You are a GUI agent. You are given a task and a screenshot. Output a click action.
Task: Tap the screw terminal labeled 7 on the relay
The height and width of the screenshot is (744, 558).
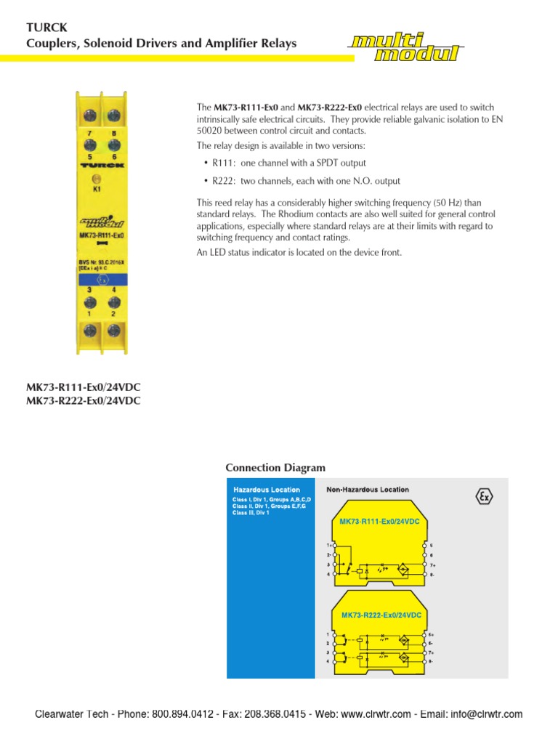click(90, 116)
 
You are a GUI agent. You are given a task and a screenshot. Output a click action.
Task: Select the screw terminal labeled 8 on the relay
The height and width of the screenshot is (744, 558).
click(113, 116)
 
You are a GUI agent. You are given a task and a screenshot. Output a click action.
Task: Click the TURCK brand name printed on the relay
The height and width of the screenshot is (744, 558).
click(101, 165)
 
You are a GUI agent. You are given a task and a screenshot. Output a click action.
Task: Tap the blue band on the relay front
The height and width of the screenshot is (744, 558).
click(102, 278)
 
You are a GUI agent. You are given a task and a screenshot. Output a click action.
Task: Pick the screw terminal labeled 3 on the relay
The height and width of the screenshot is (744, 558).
click(90, 302)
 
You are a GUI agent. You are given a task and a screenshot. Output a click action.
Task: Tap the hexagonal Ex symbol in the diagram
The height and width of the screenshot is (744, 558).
click(484, 496)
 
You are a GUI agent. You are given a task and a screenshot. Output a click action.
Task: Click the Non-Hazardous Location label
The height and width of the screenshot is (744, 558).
click(368, 490)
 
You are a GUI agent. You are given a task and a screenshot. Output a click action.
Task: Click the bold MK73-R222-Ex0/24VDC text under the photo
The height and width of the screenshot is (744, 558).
click(84, 400)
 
